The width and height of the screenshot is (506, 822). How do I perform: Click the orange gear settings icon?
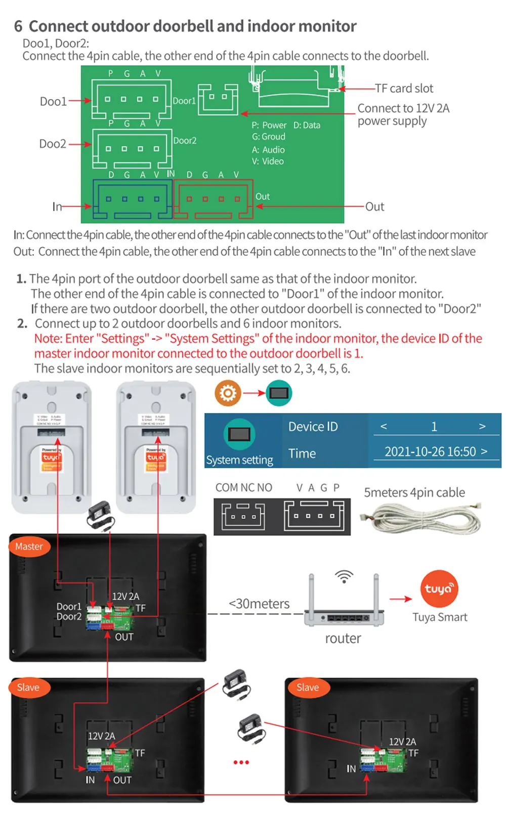(x=228, y=393)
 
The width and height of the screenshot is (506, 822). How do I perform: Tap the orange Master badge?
(x=29, y=546)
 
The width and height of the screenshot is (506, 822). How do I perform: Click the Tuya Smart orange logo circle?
(x=439, y=588)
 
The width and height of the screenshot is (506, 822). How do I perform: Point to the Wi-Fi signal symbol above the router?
(x=344, y=576)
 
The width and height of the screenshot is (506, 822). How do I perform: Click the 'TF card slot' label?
(x=404, y=88)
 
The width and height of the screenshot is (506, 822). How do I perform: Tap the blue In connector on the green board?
(x=133, y=200)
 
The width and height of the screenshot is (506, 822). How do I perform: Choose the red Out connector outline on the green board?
(x=213, y=200)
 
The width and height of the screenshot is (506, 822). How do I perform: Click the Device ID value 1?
(x=434, y=427)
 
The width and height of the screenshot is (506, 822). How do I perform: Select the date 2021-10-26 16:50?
(x=430, y=451)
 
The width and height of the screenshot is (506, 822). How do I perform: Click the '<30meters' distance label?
(x=259, y=604)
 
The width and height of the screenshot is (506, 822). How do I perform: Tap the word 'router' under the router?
(x=343, y=638)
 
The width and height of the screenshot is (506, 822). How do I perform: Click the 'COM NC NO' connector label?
(x=243, y=487)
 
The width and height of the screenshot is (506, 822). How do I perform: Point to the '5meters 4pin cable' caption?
(x=414, y=492)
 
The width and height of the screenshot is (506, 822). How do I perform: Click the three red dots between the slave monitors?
(x=241, y=762)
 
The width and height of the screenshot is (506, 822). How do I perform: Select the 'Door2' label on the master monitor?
(x=69, y=617)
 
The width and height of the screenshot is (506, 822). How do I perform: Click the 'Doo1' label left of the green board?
(x=53, y=101)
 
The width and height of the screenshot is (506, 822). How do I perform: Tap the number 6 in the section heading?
(x=18, y=26)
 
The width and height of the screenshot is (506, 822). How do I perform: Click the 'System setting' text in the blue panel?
(x=239, y=460)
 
